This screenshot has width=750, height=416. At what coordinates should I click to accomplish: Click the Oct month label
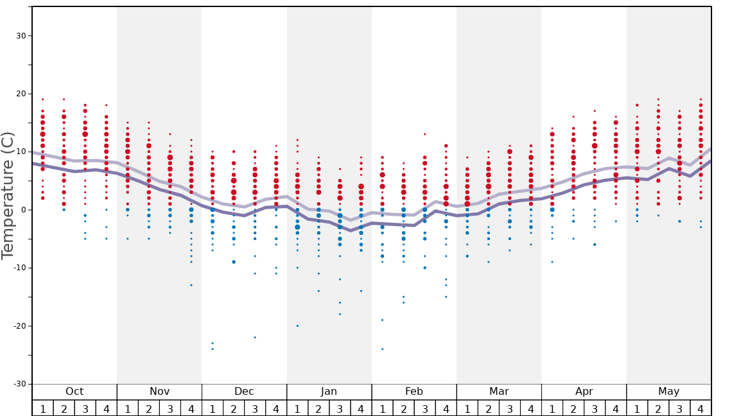74,392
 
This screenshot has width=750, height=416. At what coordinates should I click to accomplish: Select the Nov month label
159,392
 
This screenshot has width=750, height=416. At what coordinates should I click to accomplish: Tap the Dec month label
244,392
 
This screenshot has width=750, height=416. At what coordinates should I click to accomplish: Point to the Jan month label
329,392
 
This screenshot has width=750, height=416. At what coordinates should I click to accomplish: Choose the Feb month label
414,392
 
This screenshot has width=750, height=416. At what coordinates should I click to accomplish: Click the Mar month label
499,392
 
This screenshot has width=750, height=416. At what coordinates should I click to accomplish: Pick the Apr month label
584,392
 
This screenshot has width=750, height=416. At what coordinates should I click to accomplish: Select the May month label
668,392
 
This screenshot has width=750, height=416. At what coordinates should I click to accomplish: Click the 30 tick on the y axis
21,36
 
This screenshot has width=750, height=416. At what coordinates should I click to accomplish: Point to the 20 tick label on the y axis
21,94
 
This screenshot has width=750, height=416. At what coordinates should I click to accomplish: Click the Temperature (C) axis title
8,195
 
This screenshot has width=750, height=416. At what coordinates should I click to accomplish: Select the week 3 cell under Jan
340,408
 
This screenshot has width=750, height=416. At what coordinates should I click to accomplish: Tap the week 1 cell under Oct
42,408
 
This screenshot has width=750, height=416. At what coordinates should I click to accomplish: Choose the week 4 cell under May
701,408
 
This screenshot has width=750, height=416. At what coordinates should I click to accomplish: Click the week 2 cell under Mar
488,408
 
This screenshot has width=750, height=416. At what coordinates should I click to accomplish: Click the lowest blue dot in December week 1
213,349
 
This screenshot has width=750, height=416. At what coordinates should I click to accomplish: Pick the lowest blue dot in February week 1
382,349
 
